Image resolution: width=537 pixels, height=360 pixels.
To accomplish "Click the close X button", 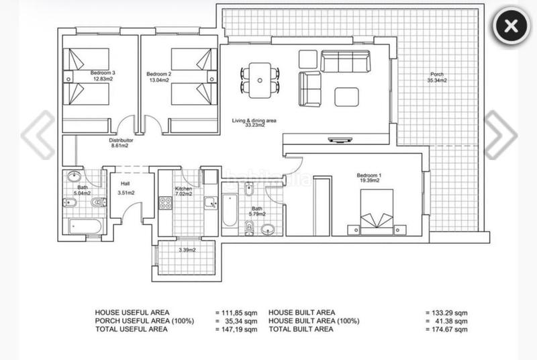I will click(511, 26).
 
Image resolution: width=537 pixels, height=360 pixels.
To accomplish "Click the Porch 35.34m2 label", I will click(437, 77).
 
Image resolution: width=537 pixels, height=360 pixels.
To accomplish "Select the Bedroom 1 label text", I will click(369, 178).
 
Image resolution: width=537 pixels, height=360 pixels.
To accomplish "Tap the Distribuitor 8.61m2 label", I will click(121, 143).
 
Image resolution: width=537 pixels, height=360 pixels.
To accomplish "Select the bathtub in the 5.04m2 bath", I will click(85, 226).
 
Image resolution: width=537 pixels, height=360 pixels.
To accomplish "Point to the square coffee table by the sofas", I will click(347, 97).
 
